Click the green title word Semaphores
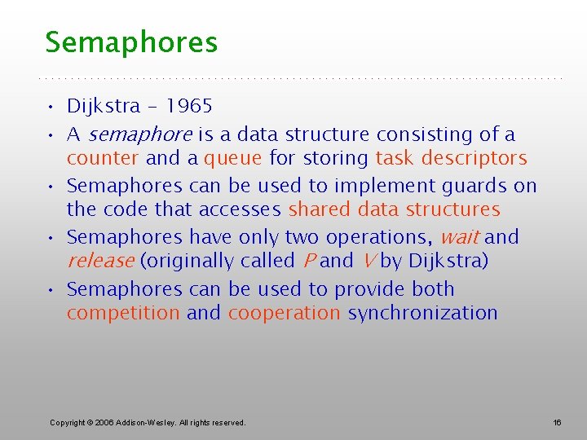tap(131, 42)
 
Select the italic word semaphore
tap(139, 134)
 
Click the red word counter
tap(103, 158)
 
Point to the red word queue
tap(233, 158)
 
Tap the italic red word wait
tap(458, 237)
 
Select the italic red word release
tap(100, 261)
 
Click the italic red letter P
tap(309, 261)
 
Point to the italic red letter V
tap(369, 261)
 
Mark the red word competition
tap(123, 313)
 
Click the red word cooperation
tap(284, 313)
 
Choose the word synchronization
tap(422, 313)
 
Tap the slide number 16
tap(558, 422)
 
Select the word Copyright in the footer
tap(68, 422)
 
